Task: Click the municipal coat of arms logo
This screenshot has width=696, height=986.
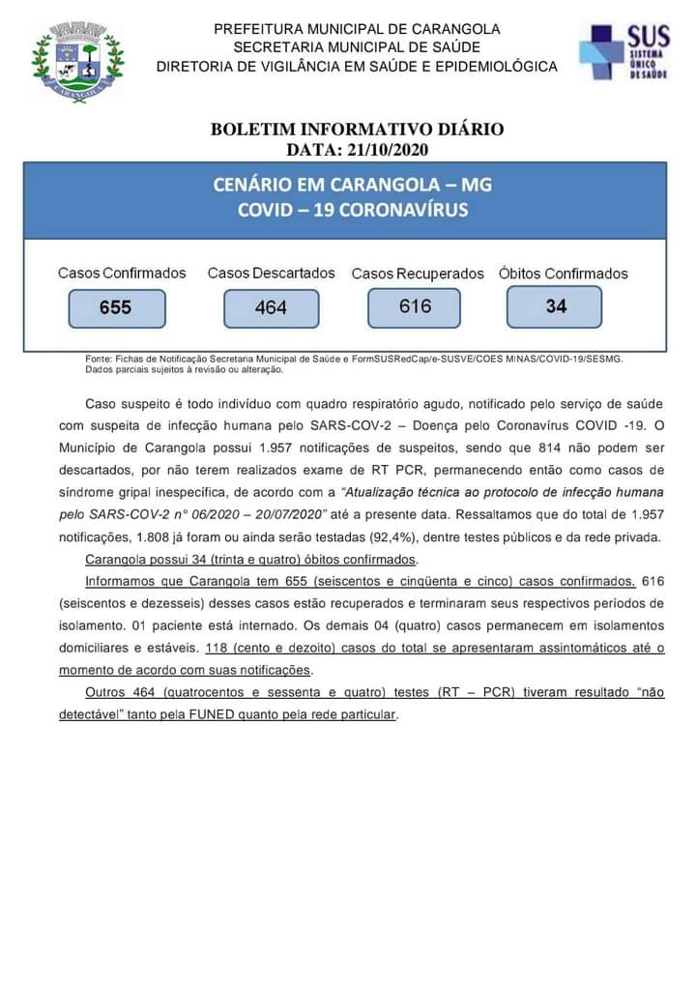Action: (77, 63)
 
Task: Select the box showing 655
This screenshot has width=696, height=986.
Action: (115, 308)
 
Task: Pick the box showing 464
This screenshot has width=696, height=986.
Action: (271, 308)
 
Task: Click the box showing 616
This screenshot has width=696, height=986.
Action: (415, 306)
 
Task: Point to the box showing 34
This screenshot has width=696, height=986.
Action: (555, 306)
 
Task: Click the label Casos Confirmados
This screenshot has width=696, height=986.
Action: (122, 274)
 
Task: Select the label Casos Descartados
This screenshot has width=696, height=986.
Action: (271, 274)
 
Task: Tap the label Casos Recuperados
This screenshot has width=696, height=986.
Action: (418, 275)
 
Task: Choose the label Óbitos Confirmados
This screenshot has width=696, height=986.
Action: (563, 275)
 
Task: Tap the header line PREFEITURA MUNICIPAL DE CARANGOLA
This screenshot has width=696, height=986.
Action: (357, 29)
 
